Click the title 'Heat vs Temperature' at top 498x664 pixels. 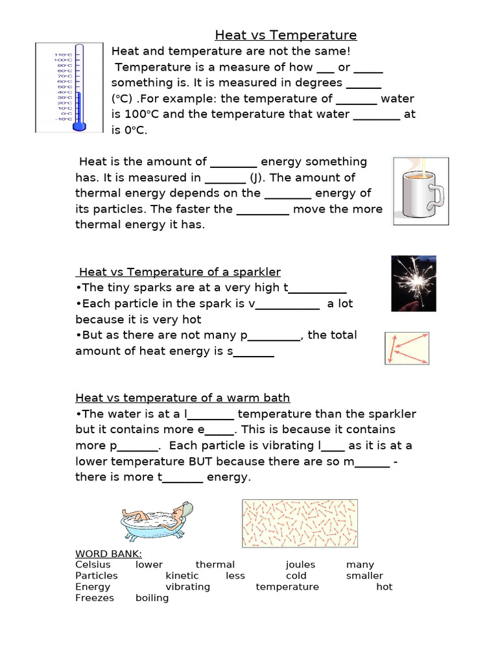pos(285,35)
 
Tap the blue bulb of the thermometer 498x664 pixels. pos(79,125)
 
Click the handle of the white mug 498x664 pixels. pos(438,194)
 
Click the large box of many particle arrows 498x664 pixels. pos(300,523)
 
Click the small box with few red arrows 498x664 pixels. pos(407,349)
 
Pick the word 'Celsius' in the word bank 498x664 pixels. pos(93,565)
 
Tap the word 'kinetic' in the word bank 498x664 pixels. pos(182,576)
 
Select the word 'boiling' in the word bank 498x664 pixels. pos(152,598)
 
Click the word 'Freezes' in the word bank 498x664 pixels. pos(95,598)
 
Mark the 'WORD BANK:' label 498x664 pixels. pos(108,554)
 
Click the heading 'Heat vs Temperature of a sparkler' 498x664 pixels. pos(179,272)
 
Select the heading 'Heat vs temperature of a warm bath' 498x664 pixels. pos(183,398)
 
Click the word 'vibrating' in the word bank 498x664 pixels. pos(188,587)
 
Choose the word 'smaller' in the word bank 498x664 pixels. pos(364,576)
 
